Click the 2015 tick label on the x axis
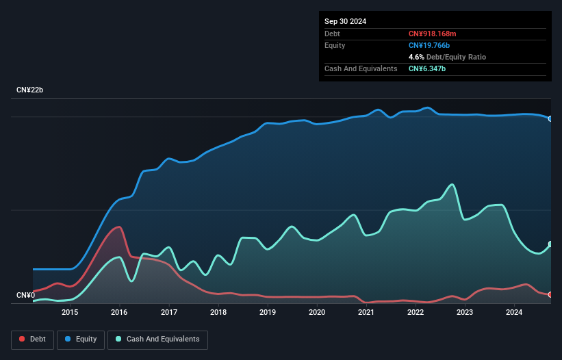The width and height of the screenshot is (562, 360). tap(70, 313)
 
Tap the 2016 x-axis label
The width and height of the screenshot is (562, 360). tap(119, 313)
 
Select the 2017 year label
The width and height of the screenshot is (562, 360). tap(168, 313)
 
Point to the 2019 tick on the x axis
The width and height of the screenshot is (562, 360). tap(268, 313)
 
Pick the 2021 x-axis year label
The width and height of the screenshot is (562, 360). tap(366, 313)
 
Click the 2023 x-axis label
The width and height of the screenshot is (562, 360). tap(465, 313)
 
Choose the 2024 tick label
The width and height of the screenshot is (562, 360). tap(514, 313)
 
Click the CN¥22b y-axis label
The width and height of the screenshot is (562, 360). tap(30, 90)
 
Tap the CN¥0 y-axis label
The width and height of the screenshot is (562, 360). tap(25, 295)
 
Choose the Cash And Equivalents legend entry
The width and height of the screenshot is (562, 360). tap(157, 339)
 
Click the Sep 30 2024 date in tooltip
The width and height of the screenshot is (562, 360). tap(345, 21)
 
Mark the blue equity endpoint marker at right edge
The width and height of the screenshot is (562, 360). tap(550, 118)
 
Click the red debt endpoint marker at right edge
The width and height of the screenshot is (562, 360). tap(550, 294)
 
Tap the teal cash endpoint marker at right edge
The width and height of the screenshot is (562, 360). tap(550, 244)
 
